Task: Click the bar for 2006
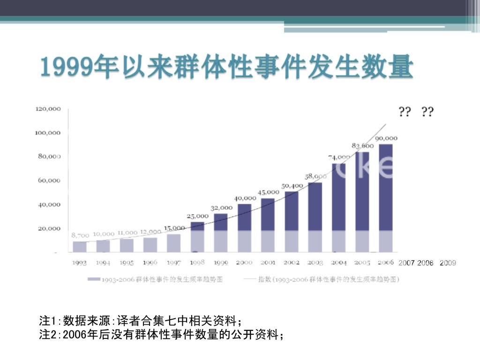[385, 197]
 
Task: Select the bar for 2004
[338, 207]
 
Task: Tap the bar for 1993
[80, 247]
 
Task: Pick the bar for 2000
[244, 228]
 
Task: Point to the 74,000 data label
[339, 157]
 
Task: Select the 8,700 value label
[80, 235]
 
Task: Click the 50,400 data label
[292, 186]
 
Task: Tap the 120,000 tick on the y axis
[48, 109]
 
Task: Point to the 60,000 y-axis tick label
[49, 180]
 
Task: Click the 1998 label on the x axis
[197, 263]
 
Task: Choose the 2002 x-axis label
[291, 263]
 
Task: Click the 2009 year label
[448, 263]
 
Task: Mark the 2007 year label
[406, 263]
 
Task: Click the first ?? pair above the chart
[405, 112]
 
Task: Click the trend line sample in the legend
[249, 279]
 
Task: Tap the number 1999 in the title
[65, 68]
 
